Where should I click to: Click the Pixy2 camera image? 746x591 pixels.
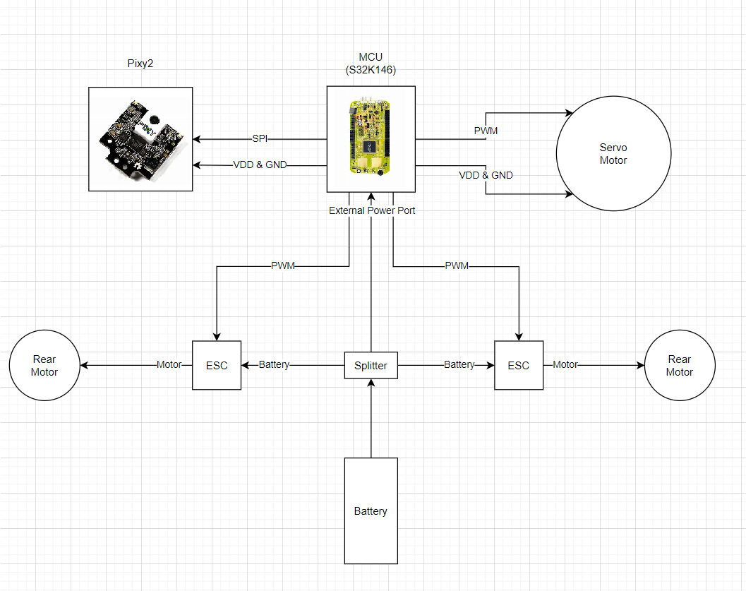tap(140, 138)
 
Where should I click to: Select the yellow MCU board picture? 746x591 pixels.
tap(371, 138)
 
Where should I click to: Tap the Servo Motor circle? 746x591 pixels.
tap(613, 154)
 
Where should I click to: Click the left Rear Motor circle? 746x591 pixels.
tap(44, 366)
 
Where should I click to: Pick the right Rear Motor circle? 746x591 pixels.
tap(680, 366)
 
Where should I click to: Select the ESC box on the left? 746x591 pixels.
tap(217, 365)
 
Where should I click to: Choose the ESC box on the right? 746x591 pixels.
tap(518, 365)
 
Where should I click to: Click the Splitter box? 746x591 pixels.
tap(371, 365)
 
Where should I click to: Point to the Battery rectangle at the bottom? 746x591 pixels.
tap(371, 511)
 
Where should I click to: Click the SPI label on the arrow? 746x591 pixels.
tap(260, 138)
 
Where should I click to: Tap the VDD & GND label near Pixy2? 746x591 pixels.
tap(259, 165)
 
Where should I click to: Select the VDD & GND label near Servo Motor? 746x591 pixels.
tap(486, 175)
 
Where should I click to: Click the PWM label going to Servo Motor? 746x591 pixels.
tap(486, 131)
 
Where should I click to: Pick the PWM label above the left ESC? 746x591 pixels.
tap(283, 266)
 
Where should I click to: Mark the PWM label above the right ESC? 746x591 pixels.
tap(457, 266)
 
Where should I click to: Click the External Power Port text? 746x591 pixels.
tap(373, 210)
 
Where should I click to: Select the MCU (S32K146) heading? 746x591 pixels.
tap(371, 64)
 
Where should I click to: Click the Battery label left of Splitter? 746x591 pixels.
tap(274, 365)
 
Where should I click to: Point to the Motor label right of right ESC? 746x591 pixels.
tap(565, 365)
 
